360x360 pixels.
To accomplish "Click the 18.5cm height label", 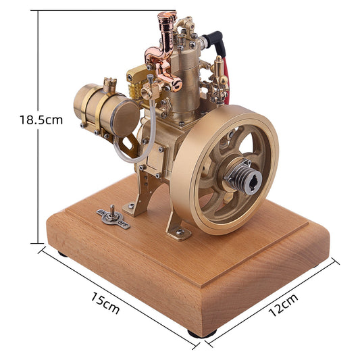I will pos(41,120).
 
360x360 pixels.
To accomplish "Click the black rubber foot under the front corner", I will pos(203,333).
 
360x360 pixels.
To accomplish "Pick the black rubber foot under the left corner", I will pos(61,254).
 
